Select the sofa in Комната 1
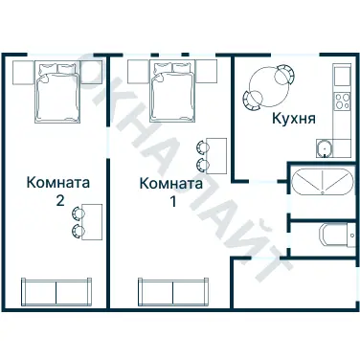(173, 291)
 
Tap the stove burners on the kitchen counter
(340, 101)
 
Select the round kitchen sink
(326, 147)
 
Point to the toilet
(332, 236)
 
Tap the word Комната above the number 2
(59, 183)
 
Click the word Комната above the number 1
(170, 183)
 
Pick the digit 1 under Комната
(172, 202)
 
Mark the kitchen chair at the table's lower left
(252, 99)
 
